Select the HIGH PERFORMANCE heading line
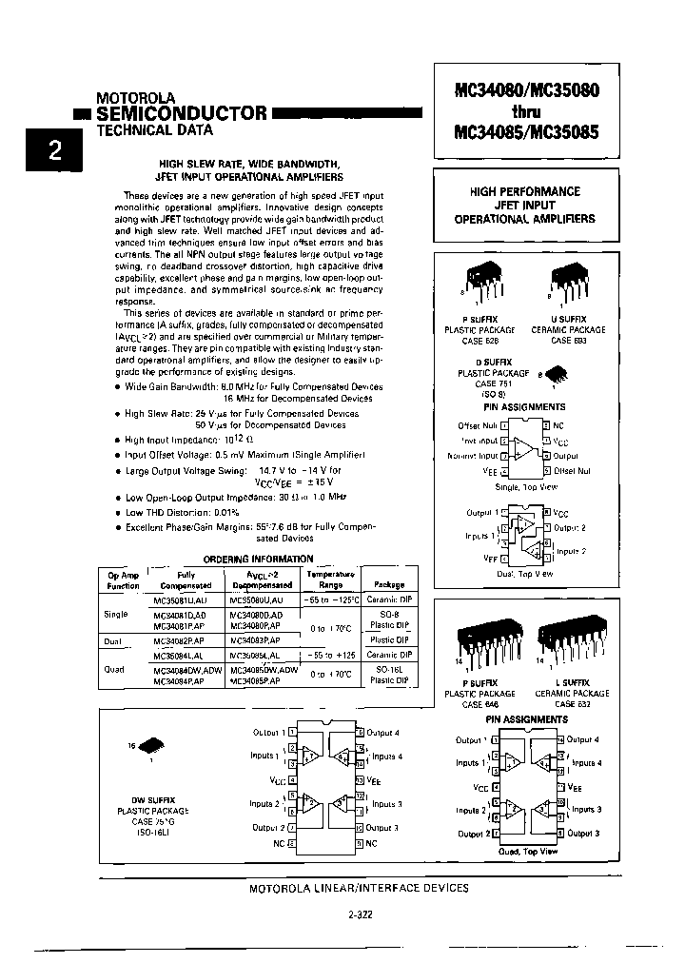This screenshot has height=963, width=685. (525, 191)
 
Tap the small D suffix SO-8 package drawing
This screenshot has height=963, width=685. (551, 376)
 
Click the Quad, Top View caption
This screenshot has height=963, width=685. (526, 852)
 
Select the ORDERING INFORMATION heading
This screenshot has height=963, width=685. (245, 560)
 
